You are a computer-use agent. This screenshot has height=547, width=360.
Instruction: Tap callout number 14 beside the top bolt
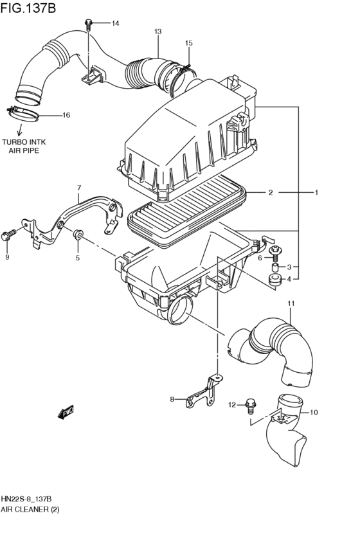tap(115, 24)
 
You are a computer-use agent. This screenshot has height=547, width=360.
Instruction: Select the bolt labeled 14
tap(89, 25)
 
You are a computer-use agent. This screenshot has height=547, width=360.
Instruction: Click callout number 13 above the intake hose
tap(157, 31)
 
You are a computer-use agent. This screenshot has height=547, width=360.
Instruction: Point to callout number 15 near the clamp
tap(188, 43)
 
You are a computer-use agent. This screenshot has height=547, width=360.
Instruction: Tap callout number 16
tap(66, 116)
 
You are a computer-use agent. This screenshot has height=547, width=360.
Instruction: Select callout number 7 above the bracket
tap(79, 188)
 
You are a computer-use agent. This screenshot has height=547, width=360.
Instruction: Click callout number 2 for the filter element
tap(271, 192)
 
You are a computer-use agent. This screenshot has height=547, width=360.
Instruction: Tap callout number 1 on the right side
tap(316, 192)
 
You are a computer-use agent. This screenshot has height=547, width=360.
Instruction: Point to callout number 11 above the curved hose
tap(291, 303)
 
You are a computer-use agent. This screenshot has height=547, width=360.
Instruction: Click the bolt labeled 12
tap(251, 405)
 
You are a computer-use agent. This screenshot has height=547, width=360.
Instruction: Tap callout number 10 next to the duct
tap(314, 412)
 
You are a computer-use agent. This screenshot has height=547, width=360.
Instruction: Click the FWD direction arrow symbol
tap(67, 411)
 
